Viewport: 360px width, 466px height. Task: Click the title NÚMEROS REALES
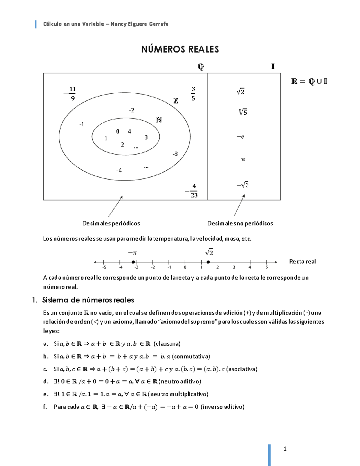tap(180, 49)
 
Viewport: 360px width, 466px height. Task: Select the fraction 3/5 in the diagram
tap(193, 94)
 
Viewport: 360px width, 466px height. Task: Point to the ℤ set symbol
tap(176, 101)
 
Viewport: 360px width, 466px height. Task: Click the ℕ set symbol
tap(159, 120)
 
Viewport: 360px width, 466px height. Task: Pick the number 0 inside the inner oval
tap(118, 131)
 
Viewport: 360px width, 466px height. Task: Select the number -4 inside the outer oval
tap(119, 170)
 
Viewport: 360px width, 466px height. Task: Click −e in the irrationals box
tap(240, 137)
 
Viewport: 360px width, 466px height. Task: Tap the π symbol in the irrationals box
tap(243, 159)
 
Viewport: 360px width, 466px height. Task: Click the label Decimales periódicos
tap(111, 223)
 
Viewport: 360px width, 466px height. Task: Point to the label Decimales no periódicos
tap(240, 223)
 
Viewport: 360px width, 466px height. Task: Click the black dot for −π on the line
tap(133, 262)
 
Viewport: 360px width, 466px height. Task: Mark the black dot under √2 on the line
tap(208, 262)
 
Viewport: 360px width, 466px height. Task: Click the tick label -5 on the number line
tap(104, 267)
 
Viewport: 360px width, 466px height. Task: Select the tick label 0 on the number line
tap(185, 267)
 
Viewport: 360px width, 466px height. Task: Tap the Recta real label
tap(302, 262)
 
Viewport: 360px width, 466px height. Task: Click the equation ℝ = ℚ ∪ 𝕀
tap(309, 81)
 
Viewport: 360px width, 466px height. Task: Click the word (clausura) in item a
tap(167, 344)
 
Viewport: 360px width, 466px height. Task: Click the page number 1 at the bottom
tap(285, 449)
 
